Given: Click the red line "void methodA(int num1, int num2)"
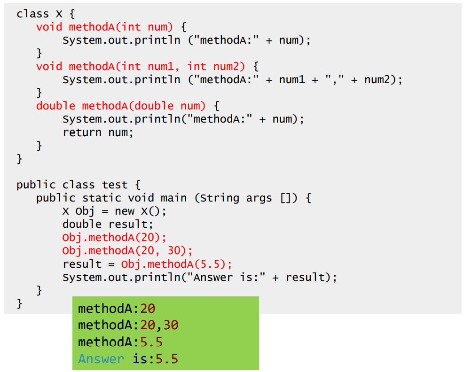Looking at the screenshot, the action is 141,66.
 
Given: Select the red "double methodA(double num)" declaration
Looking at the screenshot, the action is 121,106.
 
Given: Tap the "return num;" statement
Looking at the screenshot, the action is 98,132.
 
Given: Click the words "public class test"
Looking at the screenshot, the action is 72,185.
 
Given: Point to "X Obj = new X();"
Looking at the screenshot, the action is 114,211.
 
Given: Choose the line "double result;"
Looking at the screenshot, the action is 108,225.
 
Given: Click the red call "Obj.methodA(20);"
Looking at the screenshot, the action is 114,238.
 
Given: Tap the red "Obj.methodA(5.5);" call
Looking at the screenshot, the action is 176,264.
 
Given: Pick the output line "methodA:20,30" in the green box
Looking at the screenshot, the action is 128,325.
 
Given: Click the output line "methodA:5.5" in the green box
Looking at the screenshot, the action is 120,342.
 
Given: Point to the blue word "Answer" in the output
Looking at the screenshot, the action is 101,359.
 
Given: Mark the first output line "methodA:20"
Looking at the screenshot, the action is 116,309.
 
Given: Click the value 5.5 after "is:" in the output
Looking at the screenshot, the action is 167,359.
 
